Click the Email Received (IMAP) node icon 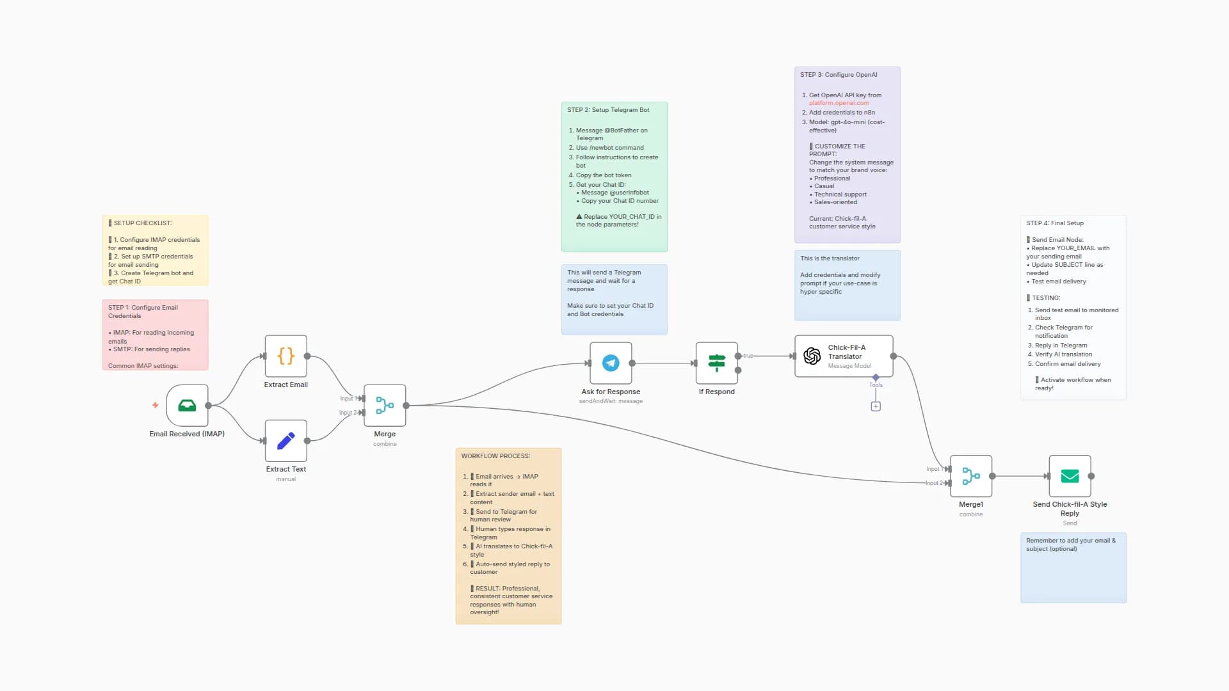187,405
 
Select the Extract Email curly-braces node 285,356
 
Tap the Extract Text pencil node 285,440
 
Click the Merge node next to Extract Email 385,405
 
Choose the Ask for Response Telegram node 611,363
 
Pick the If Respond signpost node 716,363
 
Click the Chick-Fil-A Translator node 844,356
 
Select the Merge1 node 970,476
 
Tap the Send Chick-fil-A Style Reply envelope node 1070,476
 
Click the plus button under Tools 876,406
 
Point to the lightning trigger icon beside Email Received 155,405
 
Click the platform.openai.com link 839,103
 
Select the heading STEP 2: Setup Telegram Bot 607,110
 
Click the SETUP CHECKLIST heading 142,223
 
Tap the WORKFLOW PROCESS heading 495,456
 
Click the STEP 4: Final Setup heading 1054,223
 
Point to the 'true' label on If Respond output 748,356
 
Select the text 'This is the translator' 830,258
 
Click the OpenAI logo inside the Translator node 812,356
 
